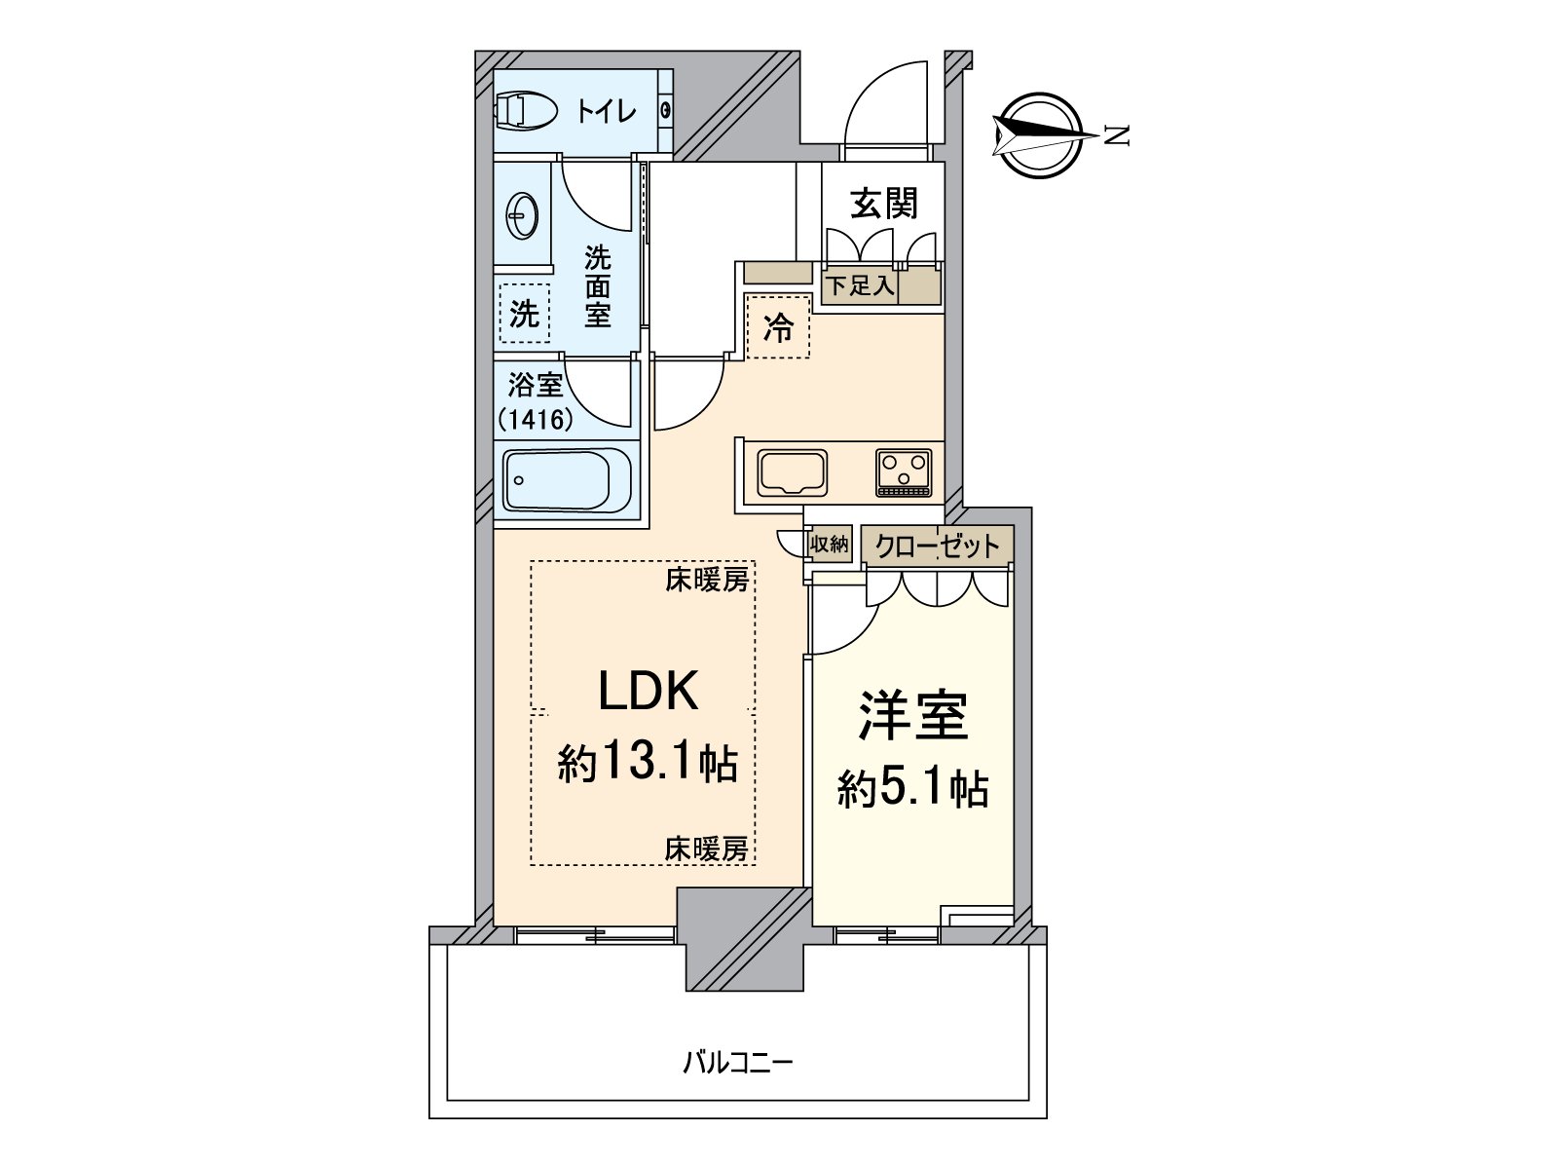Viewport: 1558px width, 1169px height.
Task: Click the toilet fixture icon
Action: (x=526, y=111)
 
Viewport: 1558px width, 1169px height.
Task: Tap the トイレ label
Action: (x=606, y=111)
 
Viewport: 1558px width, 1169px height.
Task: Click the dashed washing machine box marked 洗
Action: (x=524, y=314)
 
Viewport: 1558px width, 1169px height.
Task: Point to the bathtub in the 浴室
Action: (x=567, y=481)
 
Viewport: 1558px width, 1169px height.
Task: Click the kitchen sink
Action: (x=793, y=472)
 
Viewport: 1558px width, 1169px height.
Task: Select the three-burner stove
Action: (x=904, y=472)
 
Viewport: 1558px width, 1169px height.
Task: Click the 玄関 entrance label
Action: (x=883, y=205)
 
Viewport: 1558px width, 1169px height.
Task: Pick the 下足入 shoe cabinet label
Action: (x=859, y=286)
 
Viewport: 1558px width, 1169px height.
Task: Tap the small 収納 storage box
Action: (x=830, y=545)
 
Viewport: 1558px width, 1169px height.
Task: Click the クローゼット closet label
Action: (x=937, y=546)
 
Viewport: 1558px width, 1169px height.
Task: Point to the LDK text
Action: (x=648, y=691)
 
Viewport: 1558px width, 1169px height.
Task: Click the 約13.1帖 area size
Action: (x=648, y=762)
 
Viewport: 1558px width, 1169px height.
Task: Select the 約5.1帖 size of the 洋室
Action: (x=913, y=788)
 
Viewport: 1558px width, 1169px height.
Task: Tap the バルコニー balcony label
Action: (x=737, y=1061)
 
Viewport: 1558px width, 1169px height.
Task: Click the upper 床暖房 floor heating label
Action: (x=707, y=581)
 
